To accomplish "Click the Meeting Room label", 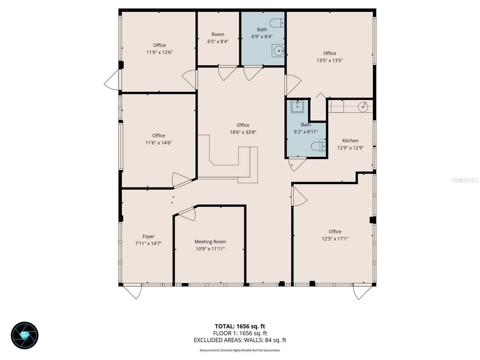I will click(x=210, y=241).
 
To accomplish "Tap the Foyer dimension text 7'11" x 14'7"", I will click(x=148, y=244).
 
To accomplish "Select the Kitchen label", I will click(x=350, y=140).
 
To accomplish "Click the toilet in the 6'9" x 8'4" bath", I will click(x=277, y=22).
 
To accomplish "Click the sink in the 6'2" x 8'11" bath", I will click(x=297, y=106).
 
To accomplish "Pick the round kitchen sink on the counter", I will click(x=363, y=107).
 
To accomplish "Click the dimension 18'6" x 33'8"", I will click(x=243, y=132).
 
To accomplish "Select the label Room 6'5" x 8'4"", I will click(x=218, y=38).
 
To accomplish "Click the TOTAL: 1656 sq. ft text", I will click(x=240, y=326).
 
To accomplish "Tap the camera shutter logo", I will click(x=25, y=335).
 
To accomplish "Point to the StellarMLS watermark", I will click(x=465, y=180).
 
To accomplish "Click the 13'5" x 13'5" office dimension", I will click(x=329, y=60).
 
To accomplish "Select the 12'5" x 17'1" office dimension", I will click(x=334, y=239).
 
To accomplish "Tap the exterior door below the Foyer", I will click(x=133, y=291).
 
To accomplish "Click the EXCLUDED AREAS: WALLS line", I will click(x=240, y=340).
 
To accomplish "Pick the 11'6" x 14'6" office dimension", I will click(x=158, y=143).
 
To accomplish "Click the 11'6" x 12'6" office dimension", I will click(x=159, y=52).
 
